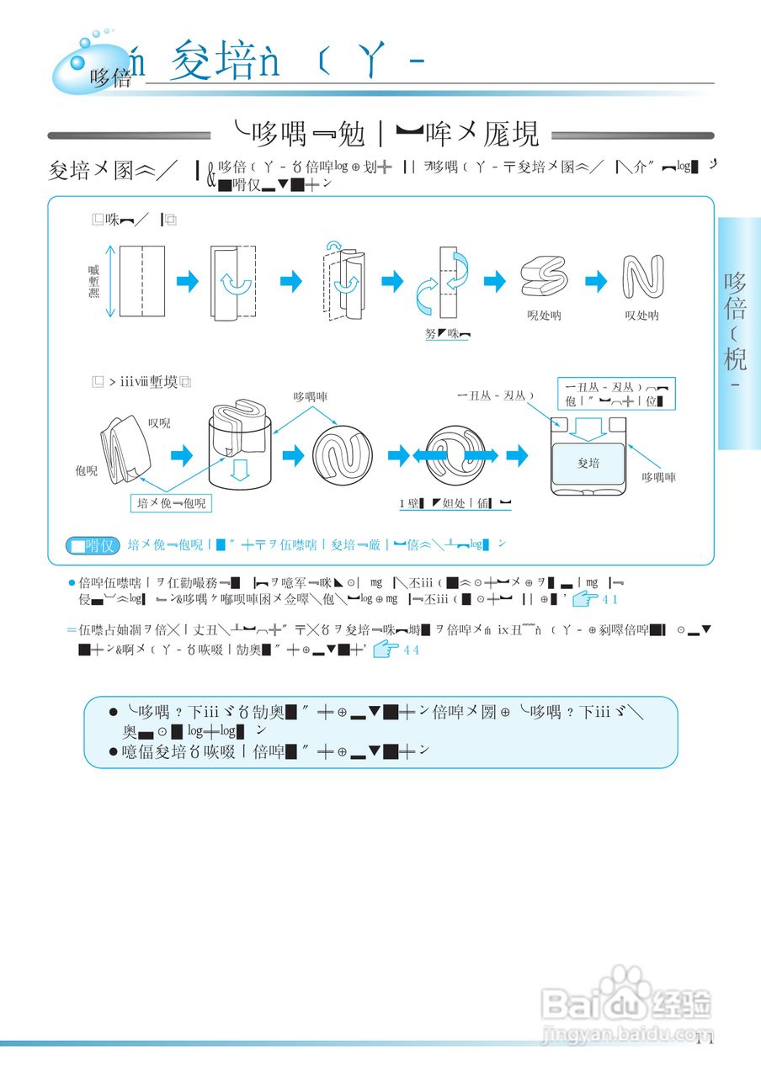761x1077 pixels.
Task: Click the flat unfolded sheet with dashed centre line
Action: coord(141,281)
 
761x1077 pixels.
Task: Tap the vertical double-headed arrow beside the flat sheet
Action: coord(109,281)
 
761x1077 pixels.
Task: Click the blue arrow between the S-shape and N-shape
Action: coord(595,282)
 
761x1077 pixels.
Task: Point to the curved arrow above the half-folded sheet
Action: coord(335,245)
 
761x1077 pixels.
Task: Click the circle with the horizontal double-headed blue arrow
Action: coord(455,455)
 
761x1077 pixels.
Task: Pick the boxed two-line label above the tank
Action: coord(616,393)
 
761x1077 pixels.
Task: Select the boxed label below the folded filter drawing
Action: coord(173,503)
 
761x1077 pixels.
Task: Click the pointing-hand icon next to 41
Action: coord(584,598)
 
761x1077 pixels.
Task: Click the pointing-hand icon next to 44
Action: coord(385,649)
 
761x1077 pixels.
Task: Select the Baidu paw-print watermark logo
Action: coord(623,988)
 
